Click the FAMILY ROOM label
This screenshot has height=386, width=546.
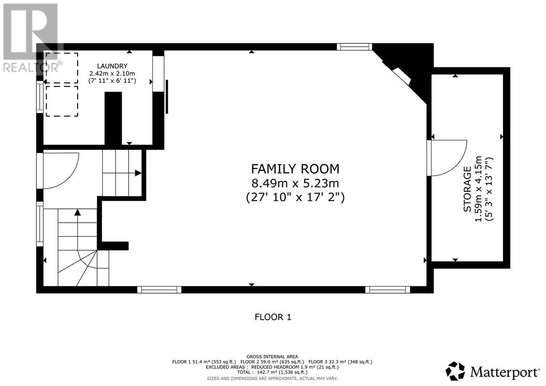(295, 169)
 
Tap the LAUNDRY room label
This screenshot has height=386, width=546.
(112, 66)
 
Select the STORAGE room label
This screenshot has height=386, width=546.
(467, 189)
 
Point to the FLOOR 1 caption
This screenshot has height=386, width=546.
(273, 317)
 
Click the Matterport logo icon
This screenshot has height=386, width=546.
(455, 371)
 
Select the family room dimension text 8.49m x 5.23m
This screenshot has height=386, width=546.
(295, 183)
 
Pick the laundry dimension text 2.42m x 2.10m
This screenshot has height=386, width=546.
(112, 74)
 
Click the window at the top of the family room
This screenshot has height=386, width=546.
(354, 47)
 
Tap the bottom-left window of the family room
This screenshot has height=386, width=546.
(160, 290)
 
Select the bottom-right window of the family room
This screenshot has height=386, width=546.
(387, 290)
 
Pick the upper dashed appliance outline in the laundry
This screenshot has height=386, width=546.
(62, 68)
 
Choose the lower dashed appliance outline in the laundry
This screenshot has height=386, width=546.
(62, 101)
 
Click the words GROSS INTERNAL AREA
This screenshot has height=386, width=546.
(272, 357)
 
